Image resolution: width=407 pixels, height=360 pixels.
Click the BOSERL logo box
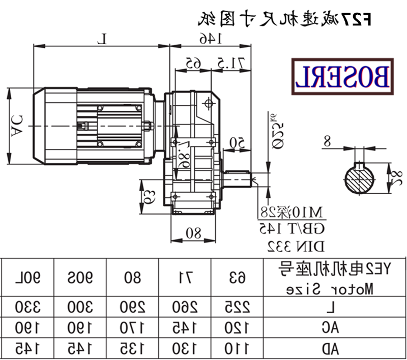pos(341,77)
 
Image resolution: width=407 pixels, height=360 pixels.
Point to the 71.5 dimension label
pos(233,63)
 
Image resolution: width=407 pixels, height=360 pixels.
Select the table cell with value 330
pos(27,308)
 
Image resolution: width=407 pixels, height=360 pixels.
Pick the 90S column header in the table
pos(79,278)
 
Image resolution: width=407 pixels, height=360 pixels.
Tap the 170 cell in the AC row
pos(132,328)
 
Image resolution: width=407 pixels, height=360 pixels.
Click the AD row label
pos(332,348)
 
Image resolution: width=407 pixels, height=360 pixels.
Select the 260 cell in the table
pos(184,308)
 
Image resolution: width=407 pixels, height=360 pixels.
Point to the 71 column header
pos(184,278)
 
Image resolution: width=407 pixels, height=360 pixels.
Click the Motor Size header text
pos(331,289)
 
